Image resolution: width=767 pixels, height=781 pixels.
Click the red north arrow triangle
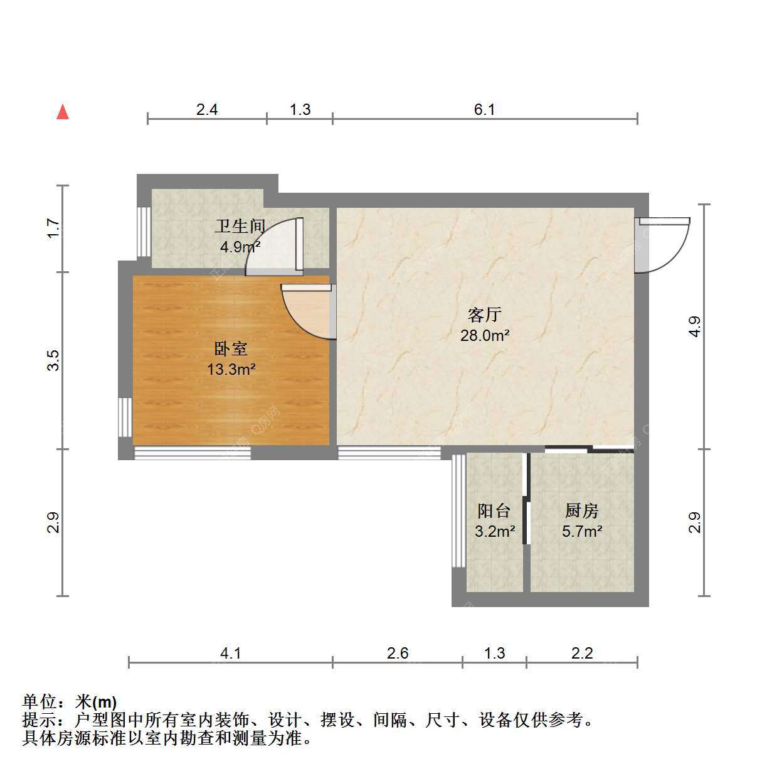tap(62, 112)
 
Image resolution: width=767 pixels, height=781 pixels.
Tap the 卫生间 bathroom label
tap(240, 226)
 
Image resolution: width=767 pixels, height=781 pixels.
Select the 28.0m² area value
tap(485, 335)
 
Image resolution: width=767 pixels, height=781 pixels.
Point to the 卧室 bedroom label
tap(230, 348)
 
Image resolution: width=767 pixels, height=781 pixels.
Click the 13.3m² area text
tap(231, 369)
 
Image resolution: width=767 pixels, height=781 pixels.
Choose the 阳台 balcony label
tap(494, 510)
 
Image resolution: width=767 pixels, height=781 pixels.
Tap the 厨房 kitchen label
tap(581, 510)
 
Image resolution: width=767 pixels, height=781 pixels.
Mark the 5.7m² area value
tap(582, 531)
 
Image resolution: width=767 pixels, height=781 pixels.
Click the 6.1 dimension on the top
tap(484, 109)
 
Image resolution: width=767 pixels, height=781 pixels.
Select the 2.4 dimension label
tap(207, 109)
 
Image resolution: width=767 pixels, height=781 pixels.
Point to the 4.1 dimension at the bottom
tap(230, 653)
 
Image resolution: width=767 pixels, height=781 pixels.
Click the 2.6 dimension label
tap(398, 653)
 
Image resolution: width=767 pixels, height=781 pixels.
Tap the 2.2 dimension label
tap(582, 653)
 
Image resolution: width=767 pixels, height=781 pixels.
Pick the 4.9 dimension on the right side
tap(694, 326)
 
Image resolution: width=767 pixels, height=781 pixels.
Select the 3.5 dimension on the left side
tap(53, 360)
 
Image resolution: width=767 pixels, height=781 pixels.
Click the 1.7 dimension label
tap(53, 229)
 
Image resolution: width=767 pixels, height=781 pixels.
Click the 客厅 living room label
tap(485, 315)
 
